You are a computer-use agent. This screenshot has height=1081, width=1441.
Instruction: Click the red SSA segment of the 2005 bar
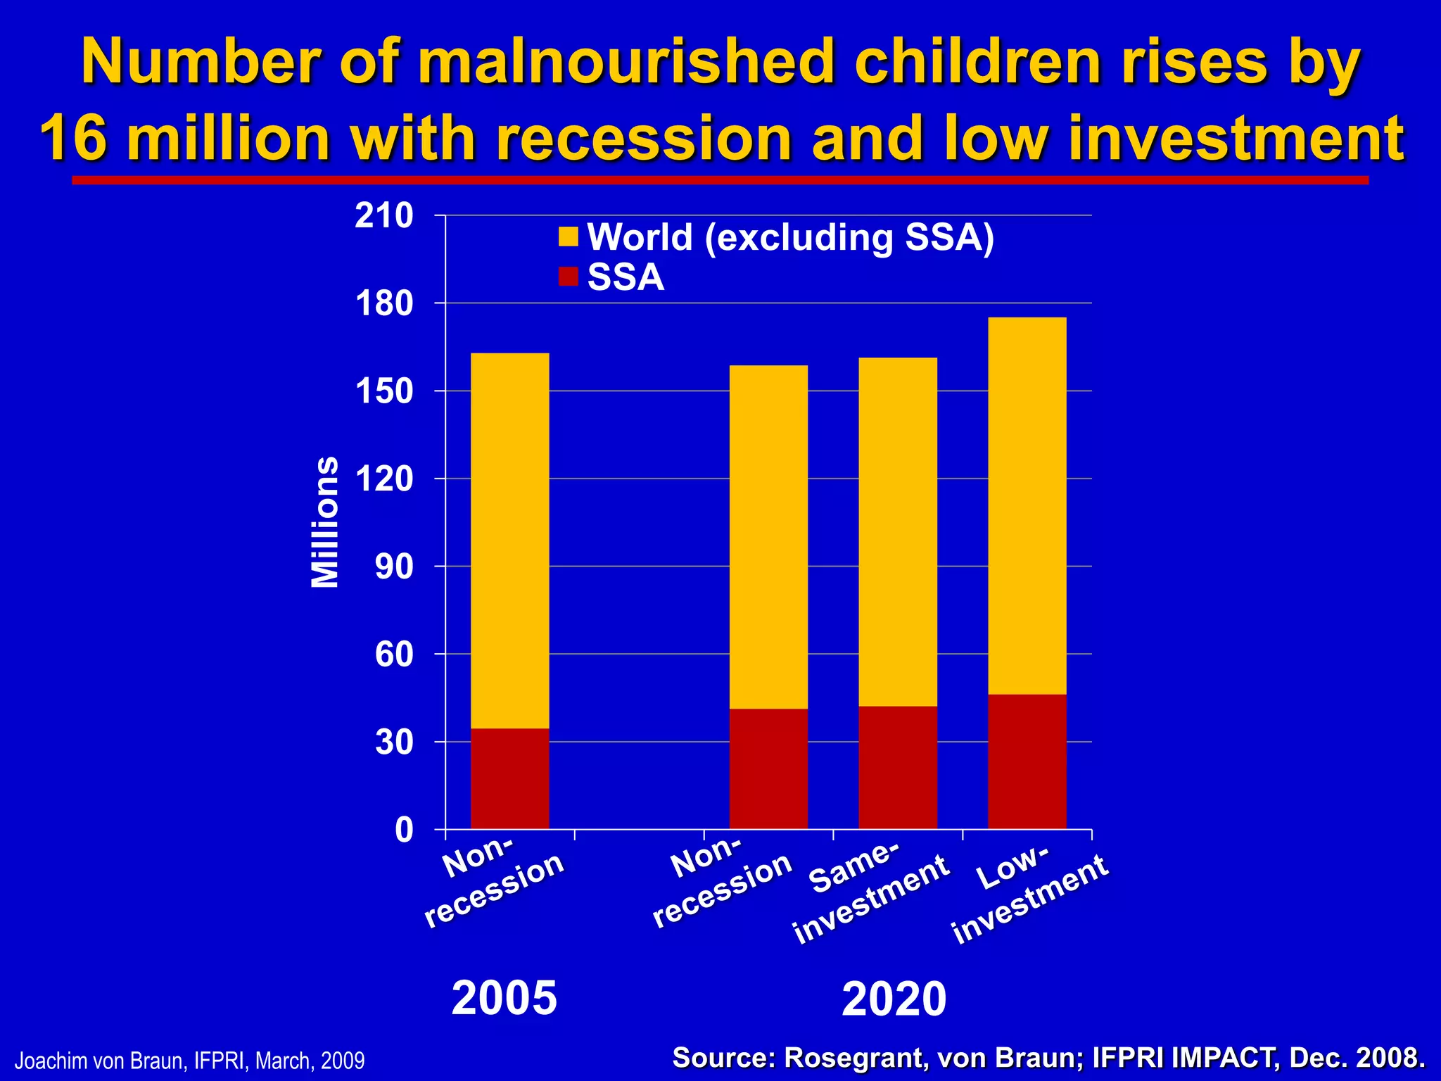(x=509, y=778)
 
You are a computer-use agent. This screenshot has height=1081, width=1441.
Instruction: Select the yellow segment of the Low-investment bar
(x=1027, y=505)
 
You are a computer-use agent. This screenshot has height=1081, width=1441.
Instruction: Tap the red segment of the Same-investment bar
(x=897, y=767)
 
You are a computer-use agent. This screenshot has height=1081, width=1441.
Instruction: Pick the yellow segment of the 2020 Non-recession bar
(x=768, y=536)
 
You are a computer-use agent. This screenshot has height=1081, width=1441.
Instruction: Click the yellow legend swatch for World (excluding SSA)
(x=568, y=237)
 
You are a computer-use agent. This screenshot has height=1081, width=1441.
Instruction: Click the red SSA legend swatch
(x=568, y=277)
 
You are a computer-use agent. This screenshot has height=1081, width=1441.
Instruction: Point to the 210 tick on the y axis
(x=384, y=216)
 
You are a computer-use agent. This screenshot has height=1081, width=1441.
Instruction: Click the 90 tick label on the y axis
(x=394, y=567)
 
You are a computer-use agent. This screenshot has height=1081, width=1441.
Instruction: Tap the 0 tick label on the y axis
(x=404, y=830)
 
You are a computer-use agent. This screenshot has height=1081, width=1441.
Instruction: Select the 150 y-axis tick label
(x=384, y=391)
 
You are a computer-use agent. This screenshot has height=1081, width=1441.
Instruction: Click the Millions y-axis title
(x=325, y=522)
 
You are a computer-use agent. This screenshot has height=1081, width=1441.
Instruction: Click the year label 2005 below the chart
(x=504, y=998)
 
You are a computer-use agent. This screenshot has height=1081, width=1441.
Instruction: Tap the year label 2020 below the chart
(x=894, y=999)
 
